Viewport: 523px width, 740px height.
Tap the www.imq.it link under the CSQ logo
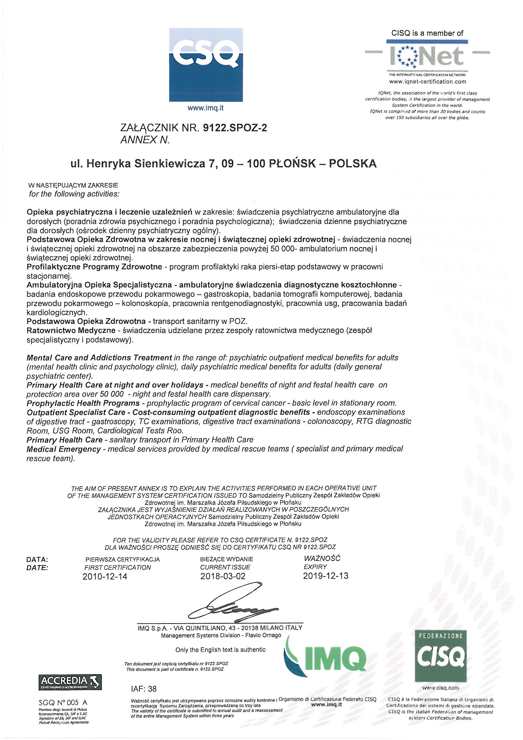[x=205, y=108]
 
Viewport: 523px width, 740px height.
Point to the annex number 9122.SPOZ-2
[x=235, y=128]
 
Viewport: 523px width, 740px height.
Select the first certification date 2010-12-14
[x=105, y=577]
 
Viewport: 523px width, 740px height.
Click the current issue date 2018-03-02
[x=223, y=576]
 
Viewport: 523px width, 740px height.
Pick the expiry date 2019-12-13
[x=326, y=576]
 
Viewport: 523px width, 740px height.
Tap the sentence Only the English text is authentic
[x=221, y=650]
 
